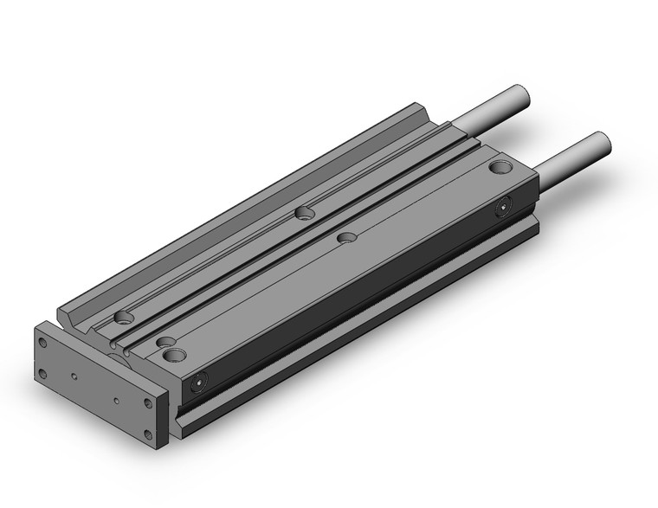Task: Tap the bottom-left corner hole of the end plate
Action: (x=43, y=375)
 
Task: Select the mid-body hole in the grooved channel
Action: (x=304, y=212)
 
